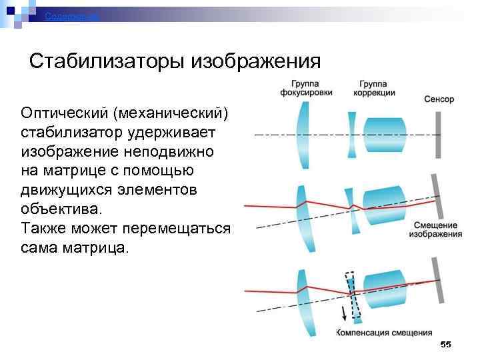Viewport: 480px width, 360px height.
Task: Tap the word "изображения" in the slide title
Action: click(x=257, y=62)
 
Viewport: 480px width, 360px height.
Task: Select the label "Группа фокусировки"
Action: click(x=311, y=88)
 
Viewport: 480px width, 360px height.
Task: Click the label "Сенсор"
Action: click(x=439, y=99)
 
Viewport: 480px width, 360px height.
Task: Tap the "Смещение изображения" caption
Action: click(x=435, y=229)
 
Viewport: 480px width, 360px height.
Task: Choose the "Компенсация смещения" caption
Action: click(x=384, y=331)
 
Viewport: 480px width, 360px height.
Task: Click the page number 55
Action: click(x=446, y=344)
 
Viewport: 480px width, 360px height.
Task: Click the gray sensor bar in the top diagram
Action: click(x=438, y=134)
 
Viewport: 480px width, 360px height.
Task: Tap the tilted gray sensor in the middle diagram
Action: click(x=438, y=196)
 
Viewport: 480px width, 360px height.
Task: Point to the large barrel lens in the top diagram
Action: click(x=386, y=134)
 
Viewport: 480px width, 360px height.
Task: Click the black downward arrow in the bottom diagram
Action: click(x=343, y=313)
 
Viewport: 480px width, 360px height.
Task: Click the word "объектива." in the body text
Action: click(x=63, y=209)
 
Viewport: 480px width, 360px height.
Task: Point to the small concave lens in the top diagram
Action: click(x=352, y=134)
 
